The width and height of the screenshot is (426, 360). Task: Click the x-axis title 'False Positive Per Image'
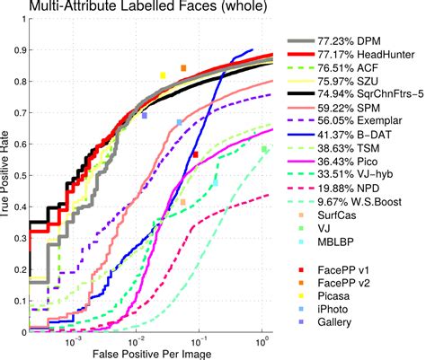(149, 352)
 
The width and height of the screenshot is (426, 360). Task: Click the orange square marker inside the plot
(183, 68)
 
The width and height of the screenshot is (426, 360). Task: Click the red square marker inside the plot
(195, 154)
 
